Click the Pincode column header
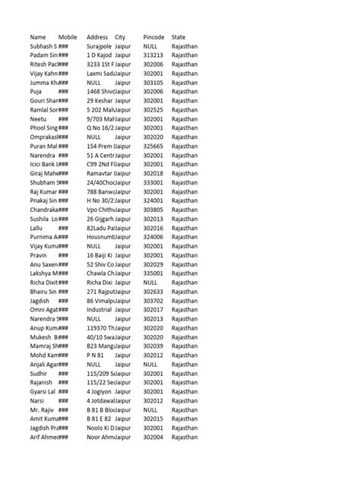click(x=153, y=36)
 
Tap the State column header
click(x=178, y=36)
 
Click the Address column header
click(x=97, y=36)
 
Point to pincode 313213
click(x=153, y=55)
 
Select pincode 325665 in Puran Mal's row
click(x=153, y=146)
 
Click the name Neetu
click(x=38, y=118)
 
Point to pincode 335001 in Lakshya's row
click(x=153, y=272)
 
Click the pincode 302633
click(x=153, y=290)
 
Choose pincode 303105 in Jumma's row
click(x=153, y=82)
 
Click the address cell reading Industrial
click(x=99, y=308)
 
